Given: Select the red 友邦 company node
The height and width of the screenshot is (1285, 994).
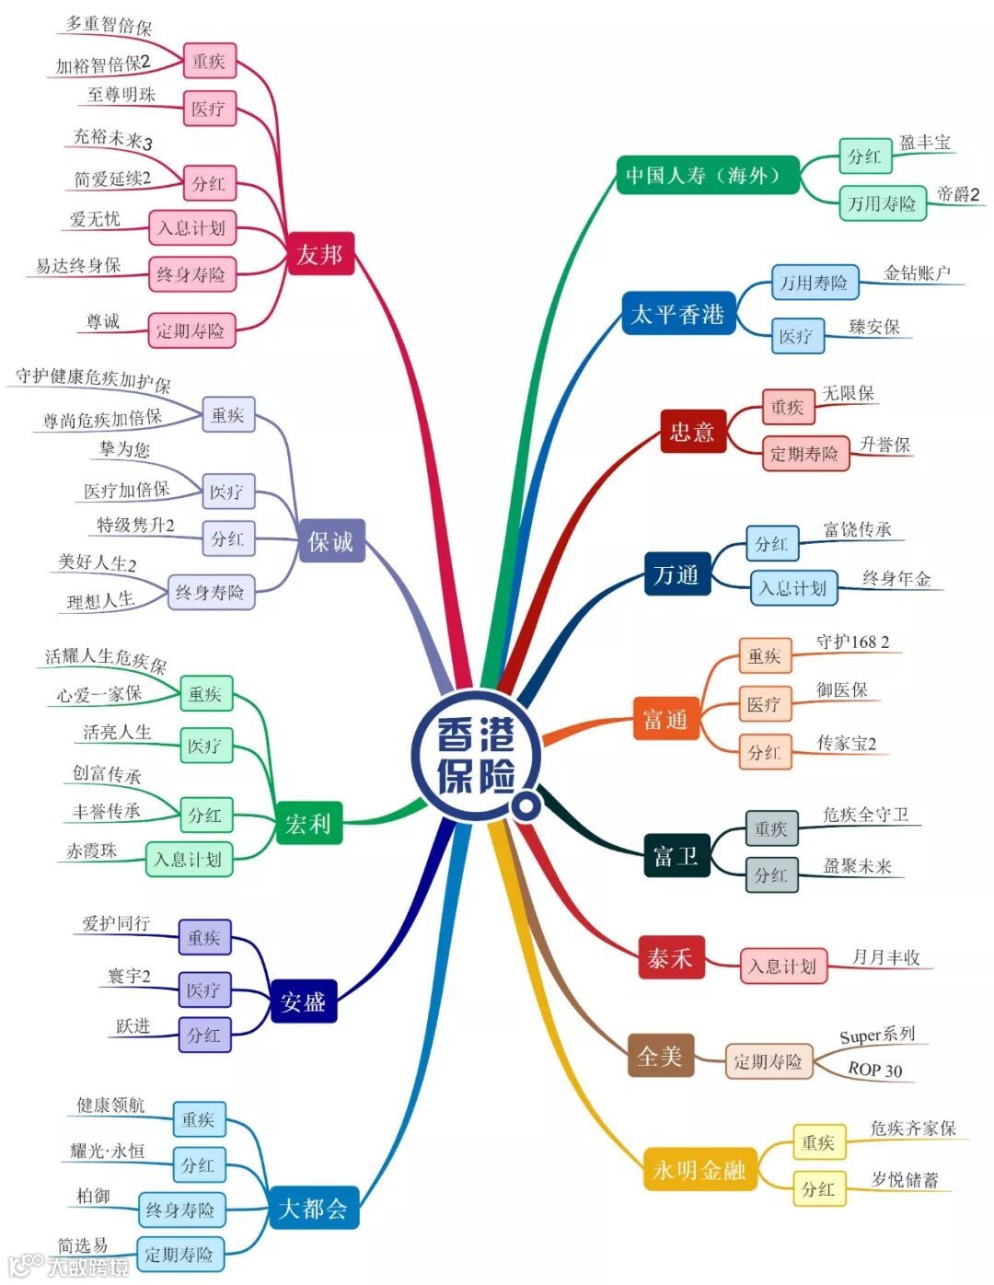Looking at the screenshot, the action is click(x=319, y=254).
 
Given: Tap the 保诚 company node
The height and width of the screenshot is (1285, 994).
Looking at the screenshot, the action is click(x=330, y=541).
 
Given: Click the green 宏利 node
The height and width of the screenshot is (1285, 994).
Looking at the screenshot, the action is click(x=307, y=823).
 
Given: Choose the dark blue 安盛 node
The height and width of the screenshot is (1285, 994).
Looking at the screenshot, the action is click(x=304, y=1001).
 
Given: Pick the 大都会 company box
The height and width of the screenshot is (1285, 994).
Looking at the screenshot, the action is click(x=313, y=1208).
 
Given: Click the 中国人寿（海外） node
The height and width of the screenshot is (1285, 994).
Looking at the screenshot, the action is click(x=707, y=175).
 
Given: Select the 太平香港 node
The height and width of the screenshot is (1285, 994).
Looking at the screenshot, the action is click(x=677, y=314).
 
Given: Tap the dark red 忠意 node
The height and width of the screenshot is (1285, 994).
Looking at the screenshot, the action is click(x=692, y=431).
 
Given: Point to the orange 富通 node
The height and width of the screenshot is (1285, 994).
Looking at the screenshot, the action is click(x=665, y=719).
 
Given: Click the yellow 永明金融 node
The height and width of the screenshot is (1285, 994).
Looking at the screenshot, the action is click(x=699, y=1170).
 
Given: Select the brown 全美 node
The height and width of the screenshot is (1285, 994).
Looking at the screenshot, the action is click(x=660, y=1056).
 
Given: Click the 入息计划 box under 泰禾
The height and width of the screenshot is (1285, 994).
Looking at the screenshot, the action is click(x=782, y=966).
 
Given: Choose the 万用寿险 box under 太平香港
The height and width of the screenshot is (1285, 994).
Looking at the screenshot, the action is click(x=814, y=283).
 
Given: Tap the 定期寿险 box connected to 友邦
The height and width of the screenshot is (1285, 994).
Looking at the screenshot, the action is click(x=191, y=330).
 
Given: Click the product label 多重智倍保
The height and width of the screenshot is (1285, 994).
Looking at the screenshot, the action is click(x=109, y=25).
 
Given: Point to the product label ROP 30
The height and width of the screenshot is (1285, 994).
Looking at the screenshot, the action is click(x=874, y=1069).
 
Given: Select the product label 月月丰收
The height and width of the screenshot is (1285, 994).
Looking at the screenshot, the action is click(x=885, y=957).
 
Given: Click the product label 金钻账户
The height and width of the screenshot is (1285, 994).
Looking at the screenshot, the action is click(x=917, y=272).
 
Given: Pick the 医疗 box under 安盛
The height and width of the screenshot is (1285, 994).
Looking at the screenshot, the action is click(x=203, y=990).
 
